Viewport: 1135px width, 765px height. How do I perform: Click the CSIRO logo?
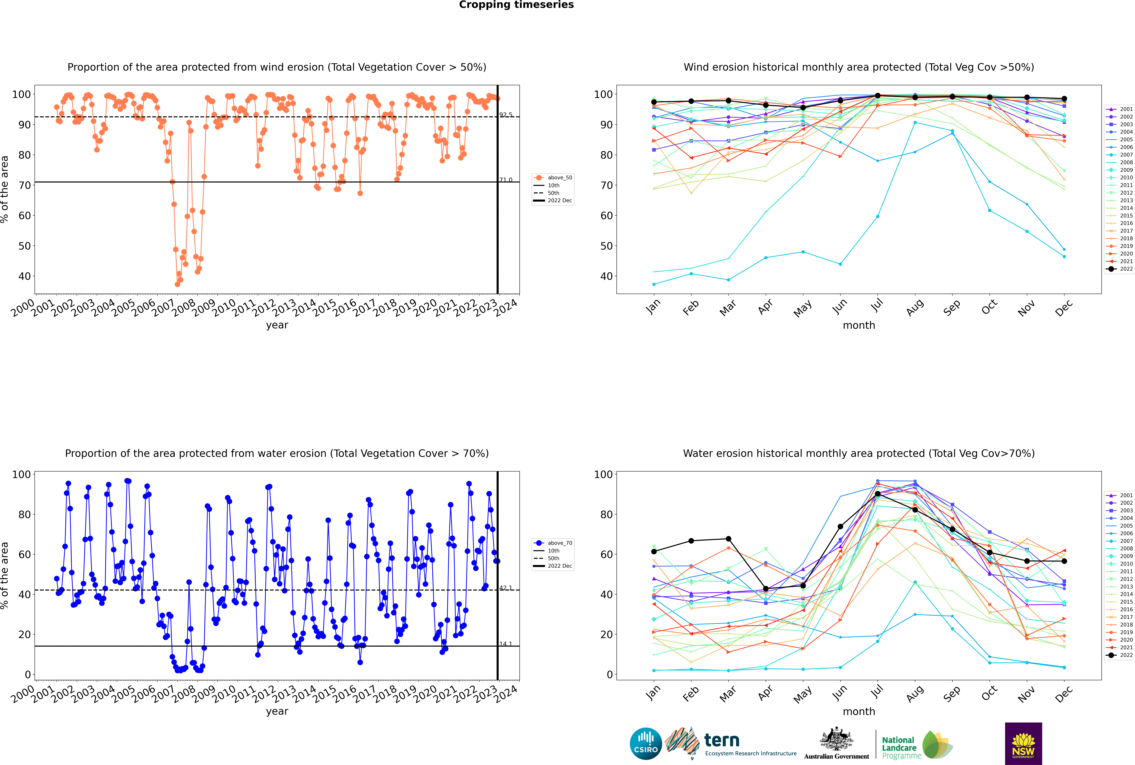pyautogui.click(x=646, y=744)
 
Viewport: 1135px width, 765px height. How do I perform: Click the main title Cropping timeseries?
pyautogui.click(x=516, y=5)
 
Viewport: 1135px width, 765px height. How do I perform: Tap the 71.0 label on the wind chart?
pyautogui.click(x=506, y=180)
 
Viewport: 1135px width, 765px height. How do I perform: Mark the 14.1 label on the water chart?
pyautogui.click(x=506, y=644)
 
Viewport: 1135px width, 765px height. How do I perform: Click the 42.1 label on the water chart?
pyautogui.click(x=506, y=588)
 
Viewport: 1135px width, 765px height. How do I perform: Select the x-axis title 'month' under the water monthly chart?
pyautogui.click(x=859, y=711)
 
